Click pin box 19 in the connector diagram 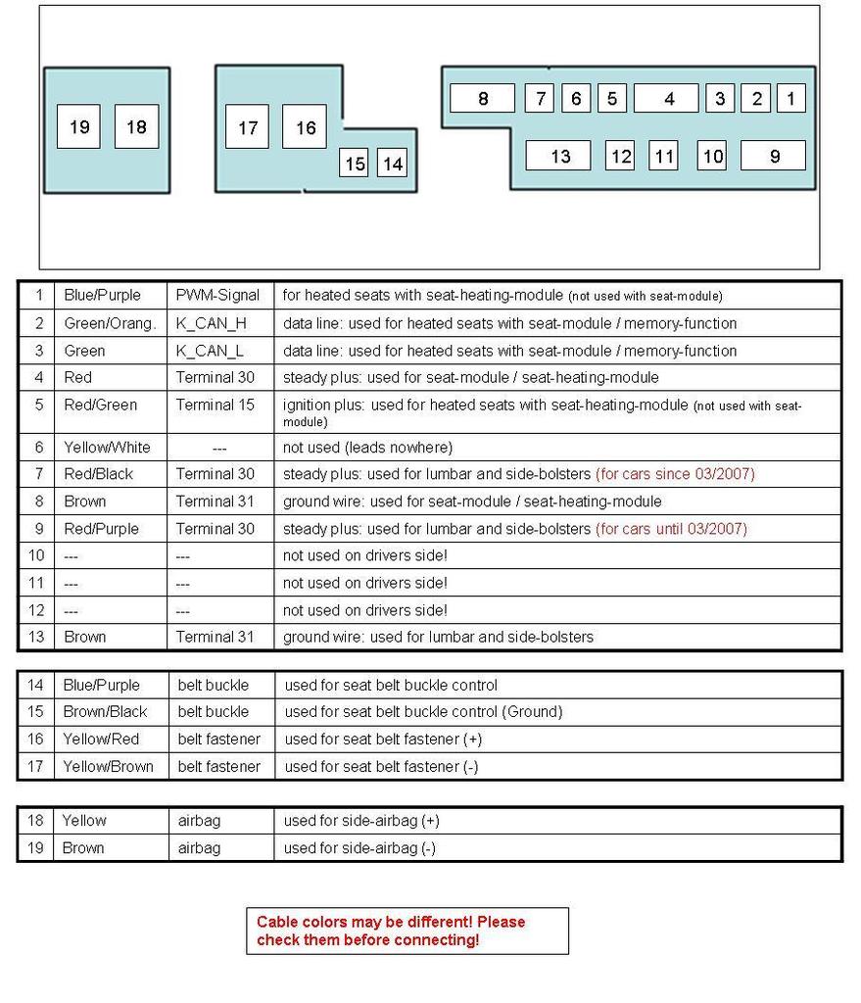tap(78, 126)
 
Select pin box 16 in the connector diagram tap(305, 127)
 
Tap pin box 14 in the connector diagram tap(392, 164)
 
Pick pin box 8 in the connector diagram tap(482, 98)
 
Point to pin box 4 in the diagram tap(666, 98)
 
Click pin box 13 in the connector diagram tap(558, 156)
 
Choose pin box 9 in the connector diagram tap(773, 156)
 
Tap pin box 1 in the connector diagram tap(790, 98)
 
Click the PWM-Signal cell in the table tap(217, 295)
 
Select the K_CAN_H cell tap(211, 323)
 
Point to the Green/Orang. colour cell tap(110, 323)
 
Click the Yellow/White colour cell tap(107, 448)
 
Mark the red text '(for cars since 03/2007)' tap(675, 474)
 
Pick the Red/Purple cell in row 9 tap(101, 529)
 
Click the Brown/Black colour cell tap(105, 712)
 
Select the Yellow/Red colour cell tap(101, 740)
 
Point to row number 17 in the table tap(35, 767)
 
